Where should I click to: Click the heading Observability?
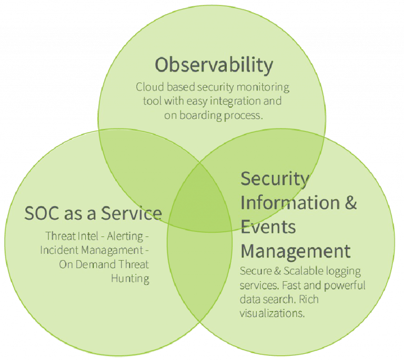point(214,65)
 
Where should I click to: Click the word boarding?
point(200,116)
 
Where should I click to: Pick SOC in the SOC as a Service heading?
point(42,213)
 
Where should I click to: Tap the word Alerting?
point(125,236)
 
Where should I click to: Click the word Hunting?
point(130,279)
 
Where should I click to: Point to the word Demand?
point(96,264)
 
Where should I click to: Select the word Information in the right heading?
point(290,203)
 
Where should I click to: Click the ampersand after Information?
point(351,203)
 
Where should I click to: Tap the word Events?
point(268,227)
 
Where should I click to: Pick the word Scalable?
point(304,271)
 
